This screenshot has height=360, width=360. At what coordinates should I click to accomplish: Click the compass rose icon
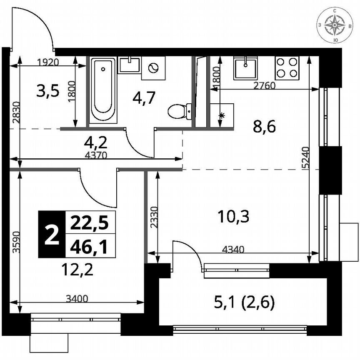(336, 26)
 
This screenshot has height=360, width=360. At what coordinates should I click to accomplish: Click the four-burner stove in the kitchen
(287, 67)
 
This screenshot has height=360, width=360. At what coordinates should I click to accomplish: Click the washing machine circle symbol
(153, 68)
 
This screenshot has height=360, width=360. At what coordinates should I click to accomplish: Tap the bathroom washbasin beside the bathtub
(129, 65)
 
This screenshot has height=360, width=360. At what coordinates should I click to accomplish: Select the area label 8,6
(265, 126)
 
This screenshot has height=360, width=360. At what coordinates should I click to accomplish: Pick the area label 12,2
(76, 270)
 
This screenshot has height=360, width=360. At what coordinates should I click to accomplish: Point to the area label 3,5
(48, 90)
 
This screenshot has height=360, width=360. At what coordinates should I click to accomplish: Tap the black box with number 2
(52, 234)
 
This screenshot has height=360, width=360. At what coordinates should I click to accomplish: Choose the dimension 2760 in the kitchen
(265, 86)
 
